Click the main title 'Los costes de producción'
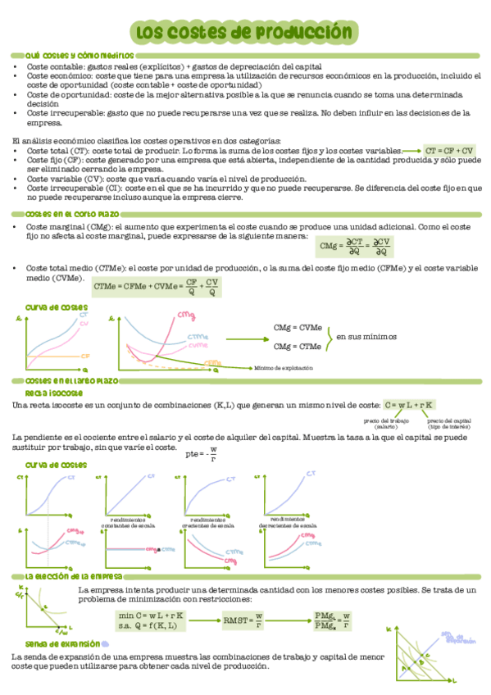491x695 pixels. [245, 31]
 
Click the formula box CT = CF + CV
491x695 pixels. [450, 151]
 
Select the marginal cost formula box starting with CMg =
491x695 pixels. [356, 246]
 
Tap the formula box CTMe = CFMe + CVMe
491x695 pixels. [157, 287]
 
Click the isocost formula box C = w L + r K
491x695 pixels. [409, 405]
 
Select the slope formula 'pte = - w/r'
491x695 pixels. [202, 454]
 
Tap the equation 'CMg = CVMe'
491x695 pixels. [297, 328]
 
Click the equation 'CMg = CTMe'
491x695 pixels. [297, 346]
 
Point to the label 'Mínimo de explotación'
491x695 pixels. [284, 369]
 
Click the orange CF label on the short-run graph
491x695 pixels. [85, 357]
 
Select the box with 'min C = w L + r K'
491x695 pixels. [152, 620]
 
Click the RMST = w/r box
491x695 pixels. [243, 620]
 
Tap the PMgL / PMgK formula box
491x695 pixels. [333, 620]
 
